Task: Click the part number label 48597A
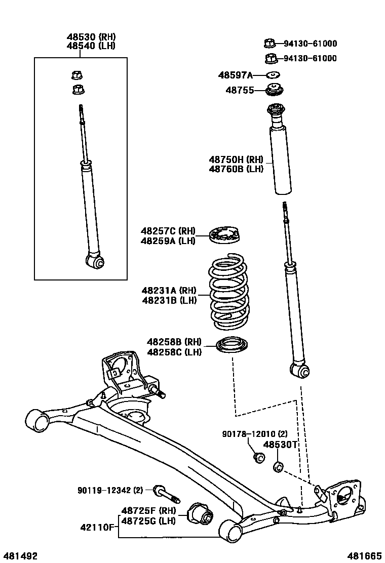coord(235,75)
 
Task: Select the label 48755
coord(239,91)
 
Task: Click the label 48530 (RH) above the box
coord(91,36)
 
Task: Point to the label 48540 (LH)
coord(91,46)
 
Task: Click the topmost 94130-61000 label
coord(310,44)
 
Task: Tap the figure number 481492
coord(21,556)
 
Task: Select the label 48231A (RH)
coord(169,291)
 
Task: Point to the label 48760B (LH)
coord(236,169)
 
